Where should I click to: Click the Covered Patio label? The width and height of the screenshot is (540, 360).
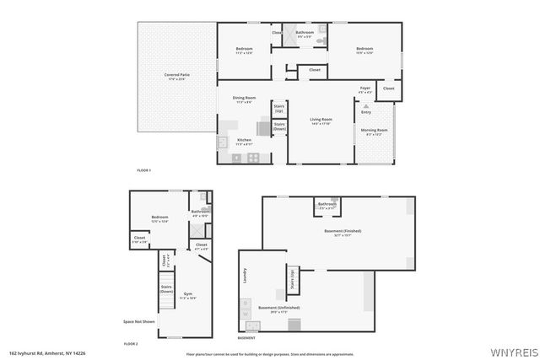(x=176, y=75)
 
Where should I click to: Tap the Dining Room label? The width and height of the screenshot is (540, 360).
(x=245, y=99)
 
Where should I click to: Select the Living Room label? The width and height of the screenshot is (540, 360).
(x=321, y=121)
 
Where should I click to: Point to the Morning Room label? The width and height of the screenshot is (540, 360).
(x=373, y=131)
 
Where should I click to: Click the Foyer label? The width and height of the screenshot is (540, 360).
(x=365, y=89)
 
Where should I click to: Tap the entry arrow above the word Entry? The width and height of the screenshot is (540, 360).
(x=365, y=105)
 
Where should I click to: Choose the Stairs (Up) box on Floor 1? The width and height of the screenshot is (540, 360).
(x=278, y=110)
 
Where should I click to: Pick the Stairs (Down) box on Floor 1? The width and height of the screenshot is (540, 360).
(x=278, y=126)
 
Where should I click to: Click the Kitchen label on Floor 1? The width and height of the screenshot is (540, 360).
(x=243, y=141)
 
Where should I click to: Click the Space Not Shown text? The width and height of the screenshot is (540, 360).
(x=138, y=321)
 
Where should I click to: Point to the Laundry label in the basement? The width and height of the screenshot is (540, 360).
(x=245, y=276)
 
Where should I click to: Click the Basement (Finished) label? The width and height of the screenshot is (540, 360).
(x=343, y=231)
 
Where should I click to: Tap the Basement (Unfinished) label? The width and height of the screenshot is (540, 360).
(x=278, y=308)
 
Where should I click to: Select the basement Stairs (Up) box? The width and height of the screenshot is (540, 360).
(x=293, y=279)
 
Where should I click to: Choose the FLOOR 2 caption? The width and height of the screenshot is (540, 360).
(x=131, y=344)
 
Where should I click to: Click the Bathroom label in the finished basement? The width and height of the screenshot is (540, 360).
(x=327, y=204)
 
